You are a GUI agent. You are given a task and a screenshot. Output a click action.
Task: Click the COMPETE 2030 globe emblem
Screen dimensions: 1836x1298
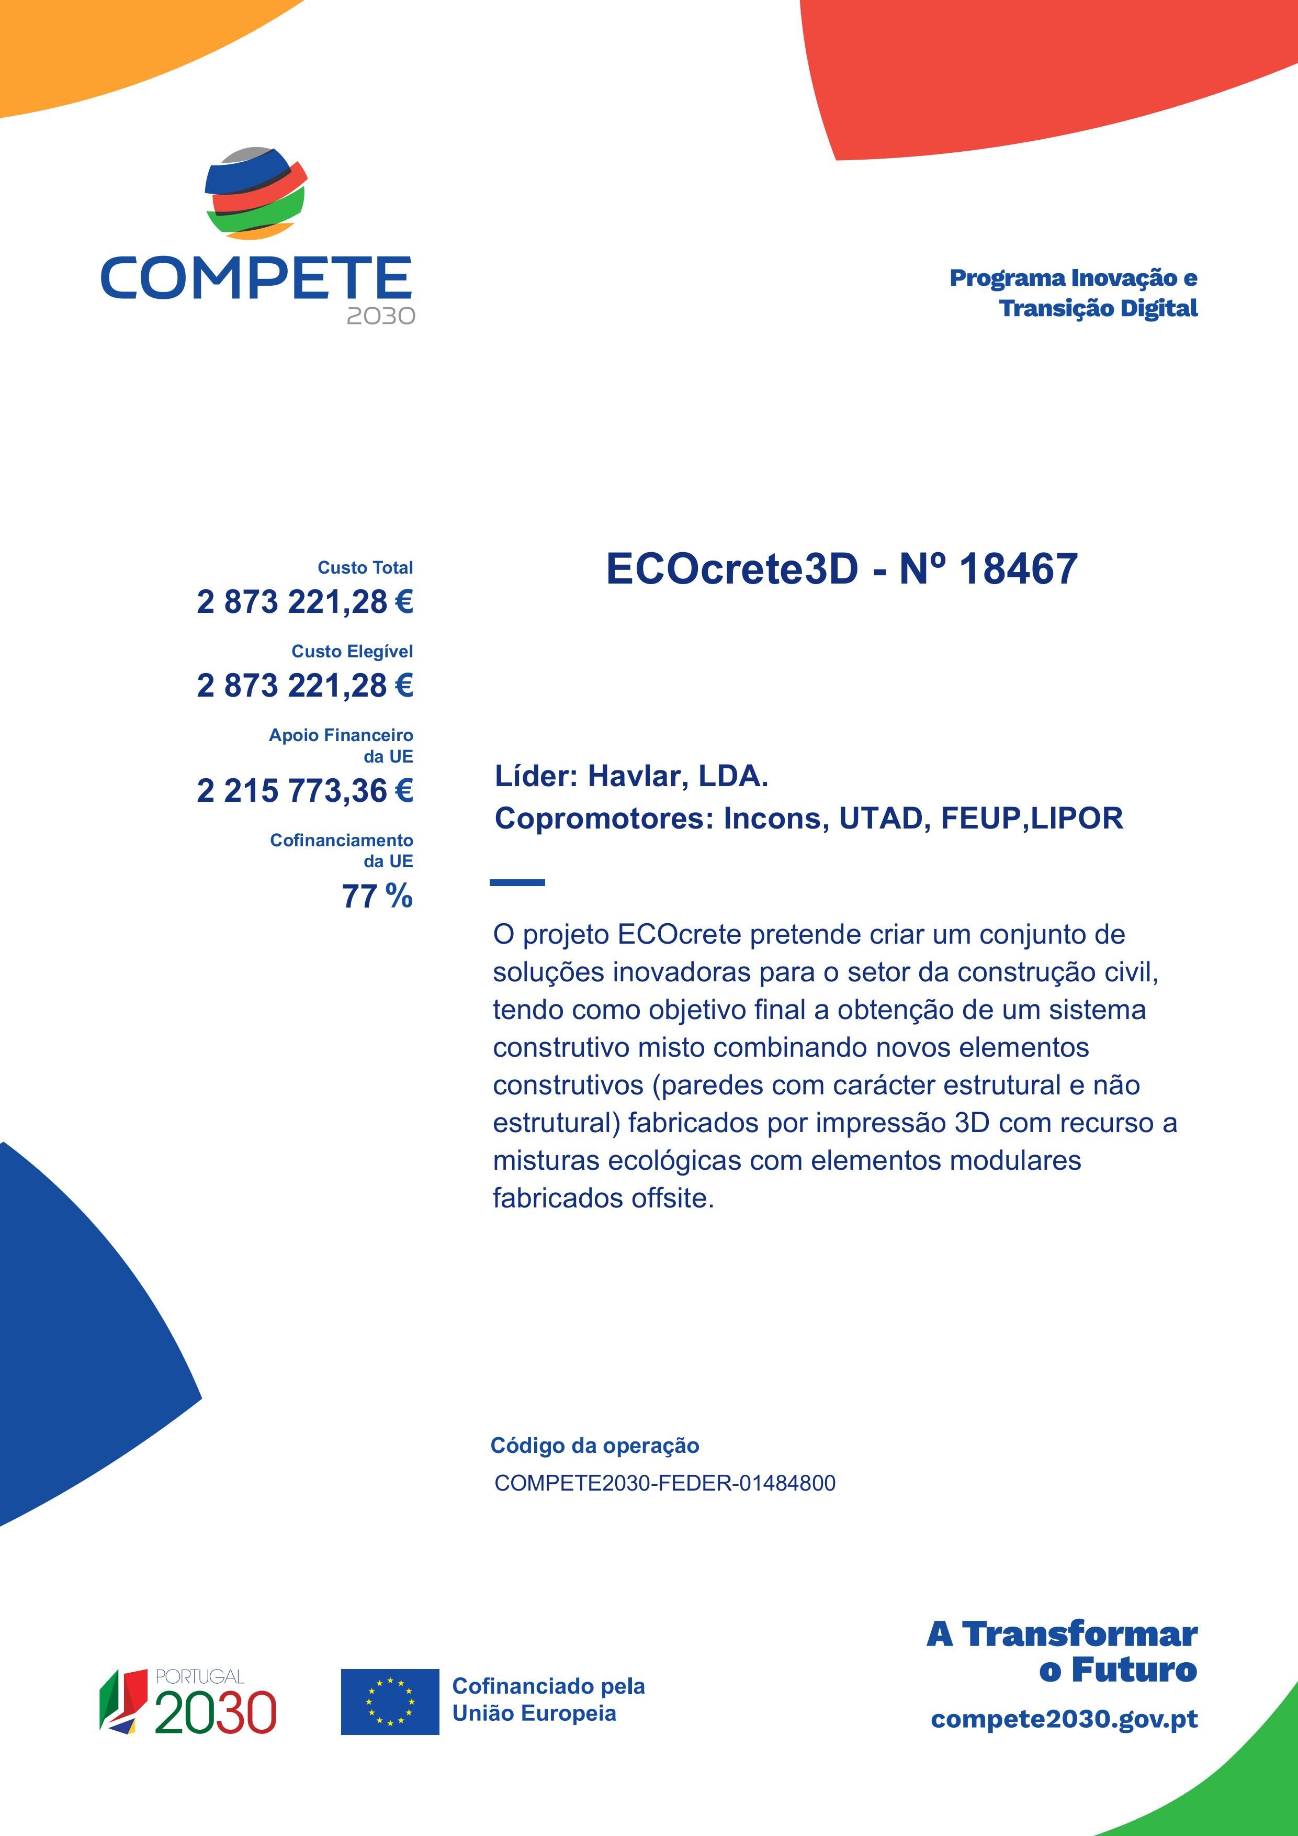point(256,193)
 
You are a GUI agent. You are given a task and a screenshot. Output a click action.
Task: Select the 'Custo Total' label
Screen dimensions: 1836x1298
point(365,568)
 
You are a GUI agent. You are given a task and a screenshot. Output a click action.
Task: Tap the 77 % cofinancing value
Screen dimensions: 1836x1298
point(377,897)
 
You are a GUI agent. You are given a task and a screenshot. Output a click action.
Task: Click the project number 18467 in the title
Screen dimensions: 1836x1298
point(1018,569)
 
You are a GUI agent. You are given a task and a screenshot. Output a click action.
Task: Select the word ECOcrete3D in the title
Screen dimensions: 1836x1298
point(731,569)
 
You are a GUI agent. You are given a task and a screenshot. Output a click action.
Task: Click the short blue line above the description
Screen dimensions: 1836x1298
point(517,883)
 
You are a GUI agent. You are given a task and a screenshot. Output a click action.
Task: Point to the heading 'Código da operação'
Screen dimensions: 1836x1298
point(595,1445)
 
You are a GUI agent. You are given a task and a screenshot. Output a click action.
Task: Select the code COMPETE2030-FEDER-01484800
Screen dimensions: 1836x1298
point(665,1483)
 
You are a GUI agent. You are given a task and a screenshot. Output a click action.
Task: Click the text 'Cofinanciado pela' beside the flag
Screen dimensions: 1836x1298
point(548,1686)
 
